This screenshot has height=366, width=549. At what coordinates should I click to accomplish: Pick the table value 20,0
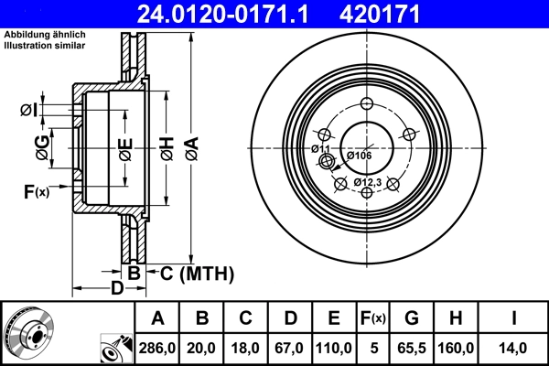tap(203, 347)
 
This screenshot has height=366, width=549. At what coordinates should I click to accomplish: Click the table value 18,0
tap(246, 347)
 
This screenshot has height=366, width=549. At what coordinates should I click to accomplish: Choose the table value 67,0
tap(290, 347)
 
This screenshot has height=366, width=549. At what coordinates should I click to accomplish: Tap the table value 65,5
tap(412, 347)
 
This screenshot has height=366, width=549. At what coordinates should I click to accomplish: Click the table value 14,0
tap(514, 347)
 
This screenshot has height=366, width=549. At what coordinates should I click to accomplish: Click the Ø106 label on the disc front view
tap(359, 156)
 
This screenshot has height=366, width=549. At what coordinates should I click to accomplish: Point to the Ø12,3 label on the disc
tap(367, 183)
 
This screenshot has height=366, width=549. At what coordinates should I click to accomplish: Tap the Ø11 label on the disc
tap(320, 148)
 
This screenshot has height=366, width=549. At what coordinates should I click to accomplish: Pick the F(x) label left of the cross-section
tap(38, 190)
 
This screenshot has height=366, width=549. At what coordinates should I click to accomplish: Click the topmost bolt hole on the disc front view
tap(367, 103)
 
